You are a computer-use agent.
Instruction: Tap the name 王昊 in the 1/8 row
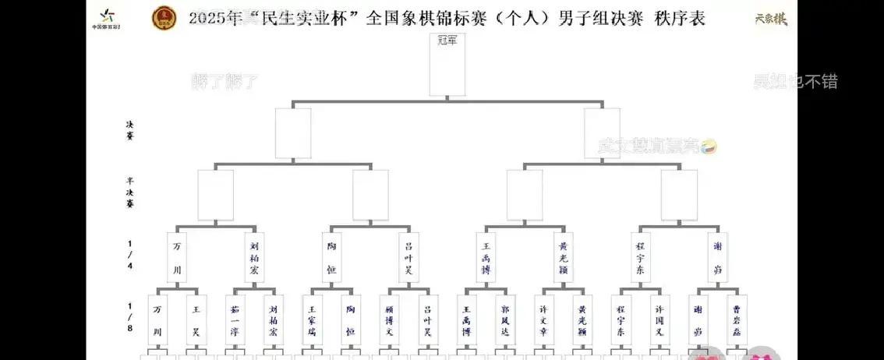pyautogui.click(x=196, y=320)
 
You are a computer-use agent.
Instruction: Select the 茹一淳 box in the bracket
pyautogui.click(x=235, y=320)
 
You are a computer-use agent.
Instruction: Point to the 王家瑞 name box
pyautogui.click(x=312, y=320)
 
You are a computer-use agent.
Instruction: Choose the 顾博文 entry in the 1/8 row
pyautogui.click(x=389, y=320)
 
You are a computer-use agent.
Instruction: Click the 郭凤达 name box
pyautogui.click(x=504, y=320)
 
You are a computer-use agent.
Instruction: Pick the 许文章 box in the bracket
pyautogui.click(x=543, y=320)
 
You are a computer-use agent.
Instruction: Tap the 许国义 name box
pyautogui.click(x=659, y=320)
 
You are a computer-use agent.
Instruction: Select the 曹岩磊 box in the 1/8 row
pyautogui.click(x=737, y=320)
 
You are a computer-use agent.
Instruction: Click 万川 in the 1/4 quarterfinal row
pyautogui.click(x=177, y=257)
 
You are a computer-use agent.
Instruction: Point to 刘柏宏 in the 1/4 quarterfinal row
pyautogui.click(x=254, y=257)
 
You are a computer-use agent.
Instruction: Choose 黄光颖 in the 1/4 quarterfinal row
pyautogui.click(x=563, y=257)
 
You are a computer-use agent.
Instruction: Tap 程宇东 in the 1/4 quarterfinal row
pyautogui.click(x=640, y=257)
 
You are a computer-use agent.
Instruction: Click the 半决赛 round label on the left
pyautogui.click(x=130, y=192)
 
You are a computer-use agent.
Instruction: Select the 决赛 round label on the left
pyautogui.click(x=130, y=129)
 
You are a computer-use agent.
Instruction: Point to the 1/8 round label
pyautogui.click(x=130, y=319)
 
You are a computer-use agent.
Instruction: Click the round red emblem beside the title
pyautogui.click(x=164, y=17)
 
